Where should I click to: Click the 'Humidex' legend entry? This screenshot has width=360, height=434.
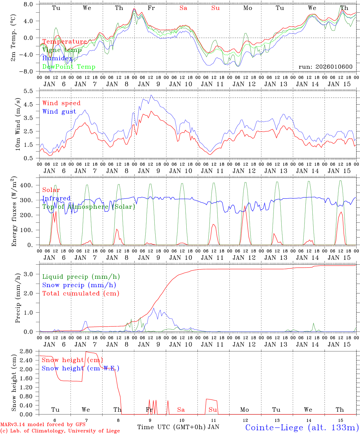pyautogui.click(x=57, y=58)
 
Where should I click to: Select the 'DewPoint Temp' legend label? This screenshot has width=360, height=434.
pyautogui.click(x=69, y=67)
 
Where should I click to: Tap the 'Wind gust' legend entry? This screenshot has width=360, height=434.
pyautogui.click(x=59, y=112)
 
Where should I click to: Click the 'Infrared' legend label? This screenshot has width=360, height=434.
pyautogui.click(x=56, y=198)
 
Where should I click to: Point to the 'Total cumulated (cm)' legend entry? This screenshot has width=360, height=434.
pyautogui.click(x=81, y=294)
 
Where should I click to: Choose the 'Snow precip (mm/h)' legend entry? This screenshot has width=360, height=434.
pyautogui.click(x=79, y=285)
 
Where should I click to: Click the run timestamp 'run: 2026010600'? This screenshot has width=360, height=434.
pyautogui.click(x=325, y=67)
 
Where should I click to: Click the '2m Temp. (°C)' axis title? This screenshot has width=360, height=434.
pyautogui.click(x=14, y=37)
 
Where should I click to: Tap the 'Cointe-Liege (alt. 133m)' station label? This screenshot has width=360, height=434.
pyautogui.click(x=302, y=427)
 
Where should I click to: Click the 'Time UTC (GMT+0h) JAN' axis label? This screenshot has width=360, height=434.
pyautogui.click(x=178, y=427)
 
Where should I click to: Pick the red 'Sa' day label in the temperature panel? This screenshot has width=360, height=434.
pyautogui.click(x=183, y=8)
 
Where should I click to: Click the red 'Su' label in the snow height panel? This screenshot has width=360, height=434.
pyautogui.click(x=213, y=410)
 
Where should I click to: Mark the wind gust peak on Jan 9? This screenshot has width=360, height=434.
pyautogui.click(x=151, y=95)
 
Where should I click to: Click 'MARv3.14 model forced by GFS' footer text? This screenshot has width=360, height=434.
pyautogui.click(x=43, y=424)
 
